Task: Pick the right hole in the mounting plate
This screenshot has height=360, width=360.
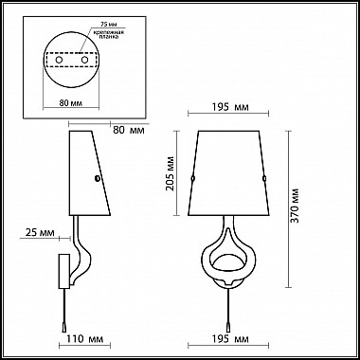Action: [x=86, y=60]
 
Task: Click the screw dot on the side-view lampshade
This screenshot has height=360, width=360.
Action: [x=96, y=177]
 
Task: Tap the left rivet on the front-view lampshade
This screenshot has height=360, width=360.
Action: [x=194, y=178]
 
